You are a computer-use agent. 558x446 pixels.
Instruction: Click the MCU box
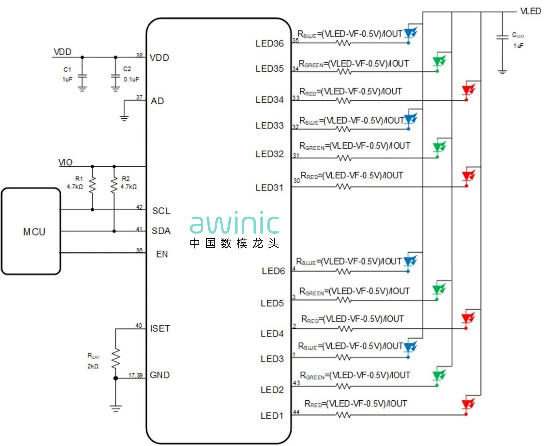[x=31, y=231]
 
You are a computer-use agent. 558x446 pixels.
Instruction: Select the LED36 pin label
[x=269, y=43]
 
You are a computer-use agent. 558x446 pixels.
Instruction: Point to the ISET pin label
[x=160, y=329]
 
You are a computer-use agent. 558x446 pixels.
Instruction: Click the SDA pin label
[x=161, y=231]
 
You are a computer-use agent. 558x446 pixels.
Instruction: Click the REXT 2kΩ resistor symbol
[x=116, y=359]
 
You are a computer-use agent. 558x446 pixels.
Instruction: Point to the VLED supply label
[x=531, y=11]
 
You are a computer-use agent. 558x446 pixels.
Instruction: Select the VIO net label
[x=65, y=163]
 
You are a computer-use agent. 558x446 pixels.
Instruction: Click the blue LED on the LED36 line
[x=410, y=33]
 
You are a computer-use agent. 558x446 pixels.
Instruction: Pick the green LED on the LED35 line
[x=438, y=61]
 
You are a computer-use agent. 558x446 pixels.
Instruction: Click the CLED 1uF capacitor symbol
[x=502, y=37]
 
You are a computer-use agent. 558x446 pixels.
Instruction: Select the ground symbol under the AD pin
[x=124, y=118]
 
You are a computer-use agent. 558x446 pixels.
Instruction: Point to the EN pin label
[x=162, y=254]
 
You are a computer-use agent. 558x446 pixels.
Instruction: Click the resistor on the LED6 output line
[x=343, y=272]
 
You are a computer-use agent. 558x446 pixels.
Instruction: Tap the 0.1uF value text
[x=131, y=79]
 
